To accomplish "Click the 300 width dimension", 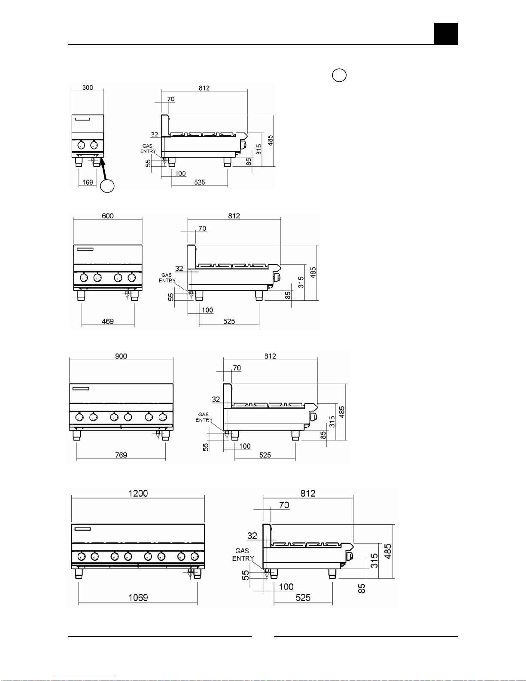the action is tap(88, 88).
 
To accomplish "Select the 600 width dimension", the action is tap(108, 216).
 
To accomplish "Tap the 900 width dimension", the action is tap(121, 356).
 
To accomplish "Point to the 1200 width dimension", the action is tap(138, 493).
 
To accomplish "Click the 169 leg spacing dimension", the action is tap(88, 182).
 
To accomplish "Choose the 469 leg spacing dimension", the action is tap(108, 321).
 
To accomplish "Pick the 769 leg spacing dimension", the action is tap(121, 455).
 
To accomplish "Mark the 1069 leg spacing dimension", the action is tap(138, 597).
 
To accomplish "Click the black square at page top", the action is tap(446, 34).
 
